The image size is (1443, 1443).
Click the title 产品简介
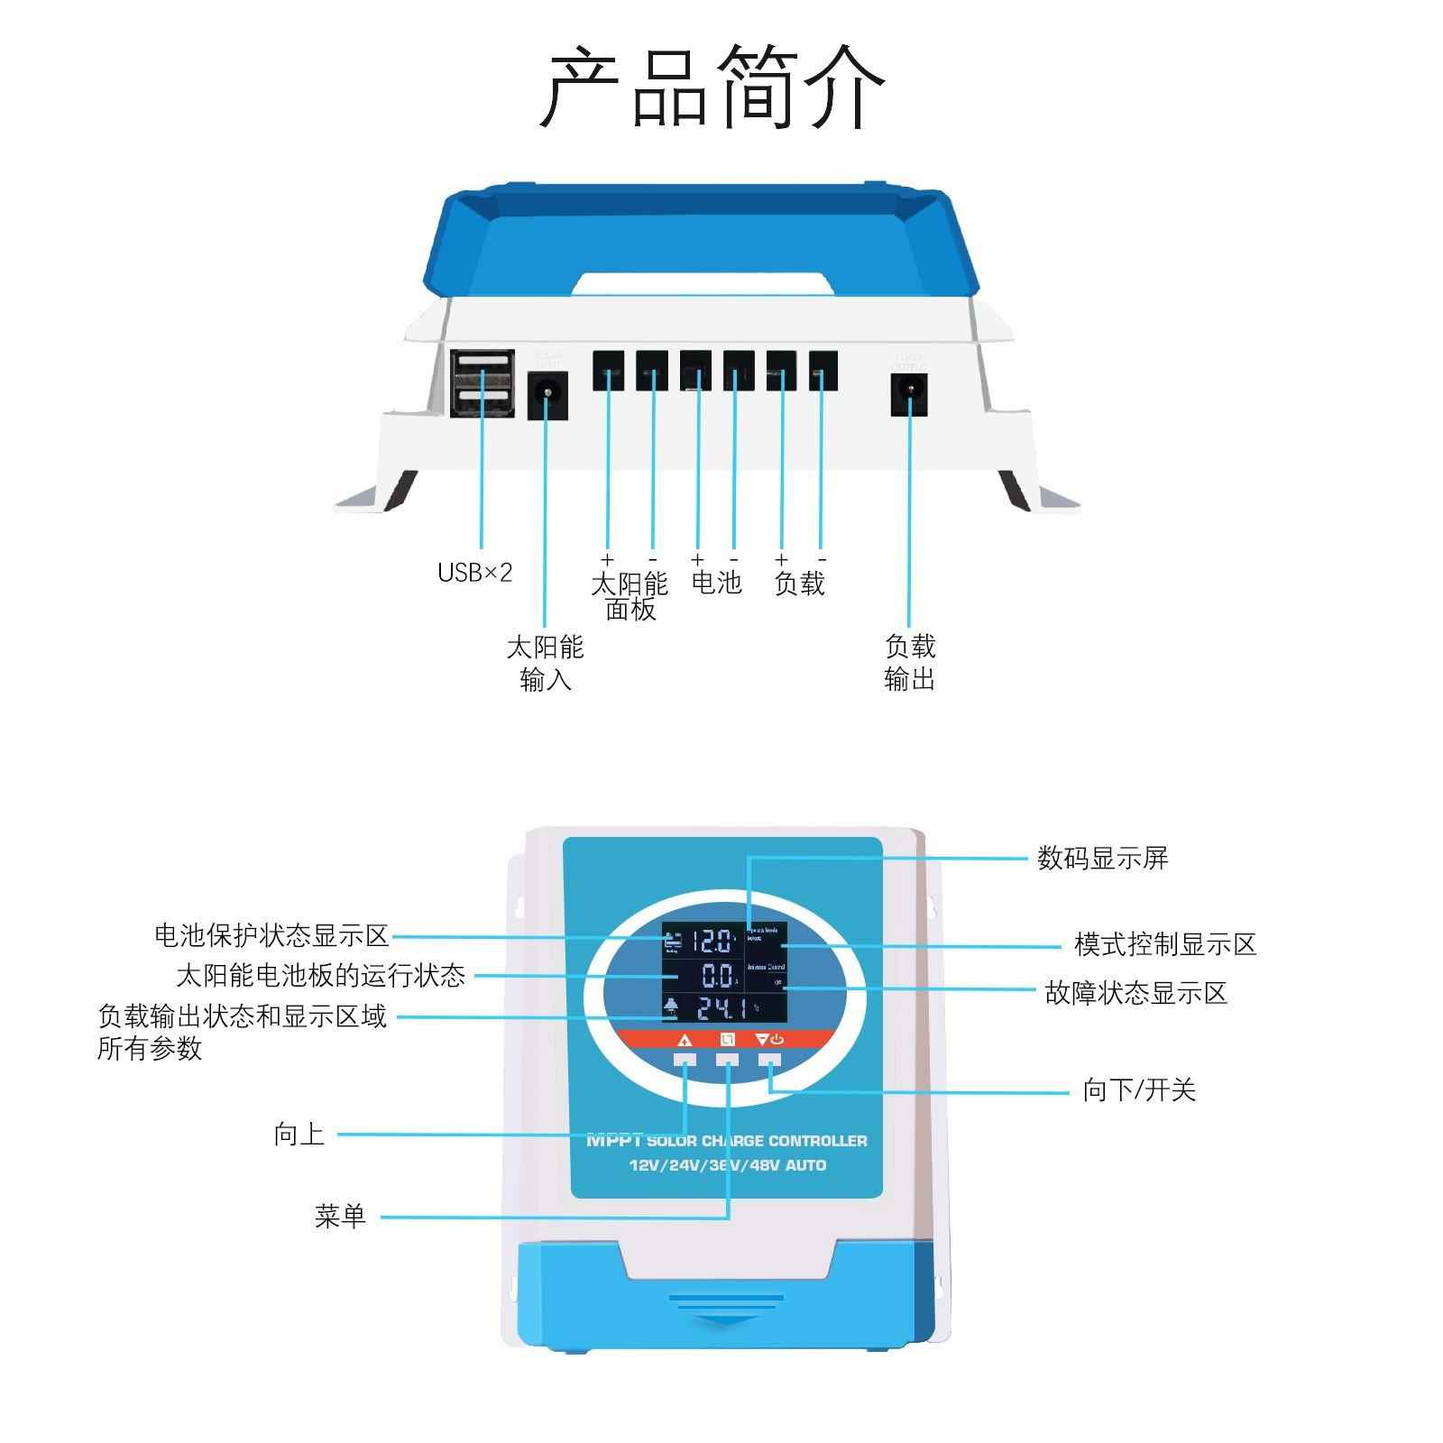(x=712, y=87)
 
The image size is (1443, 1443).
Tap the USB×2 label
(x=474, y=573)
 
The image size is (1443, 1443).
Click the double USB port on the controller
(x=483, y=383)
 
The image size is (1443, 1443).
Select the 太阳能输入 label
(x=545, y=662)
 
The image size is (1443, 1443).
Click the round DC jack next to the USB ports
(x=547, y=394)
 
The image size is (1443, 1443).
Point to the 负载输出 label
(x=910, y=662)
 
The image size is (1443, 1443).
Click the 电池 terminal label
(x=716, y=583)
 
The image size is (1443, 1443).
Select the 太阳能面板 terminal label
(x=630, y=596)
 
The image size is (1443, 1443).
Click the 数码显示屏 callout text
(x=1102, y=858)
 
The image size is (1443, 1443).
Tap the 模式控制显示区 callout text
(x=1164, y=945)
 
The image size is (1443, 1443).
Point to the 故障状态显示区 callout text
(x=1135, y=993)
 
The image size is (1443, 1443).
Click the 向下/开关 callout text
(x=1139, y=1090)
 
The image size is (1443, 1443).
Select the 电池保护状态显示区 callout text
(x=271, y=935)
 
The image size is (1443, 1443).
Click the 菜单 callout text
(x=340, y=1216)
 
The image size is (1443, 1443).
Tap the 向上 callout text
(x=299, y=1134)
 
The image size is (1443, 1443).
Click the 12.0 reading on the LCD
(x=712, y=942)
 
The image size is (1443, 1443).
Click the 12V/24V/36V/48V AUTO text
(x=727, y=1165)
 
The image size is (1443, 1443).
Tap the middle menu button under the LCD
(x=727, y=1060)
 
